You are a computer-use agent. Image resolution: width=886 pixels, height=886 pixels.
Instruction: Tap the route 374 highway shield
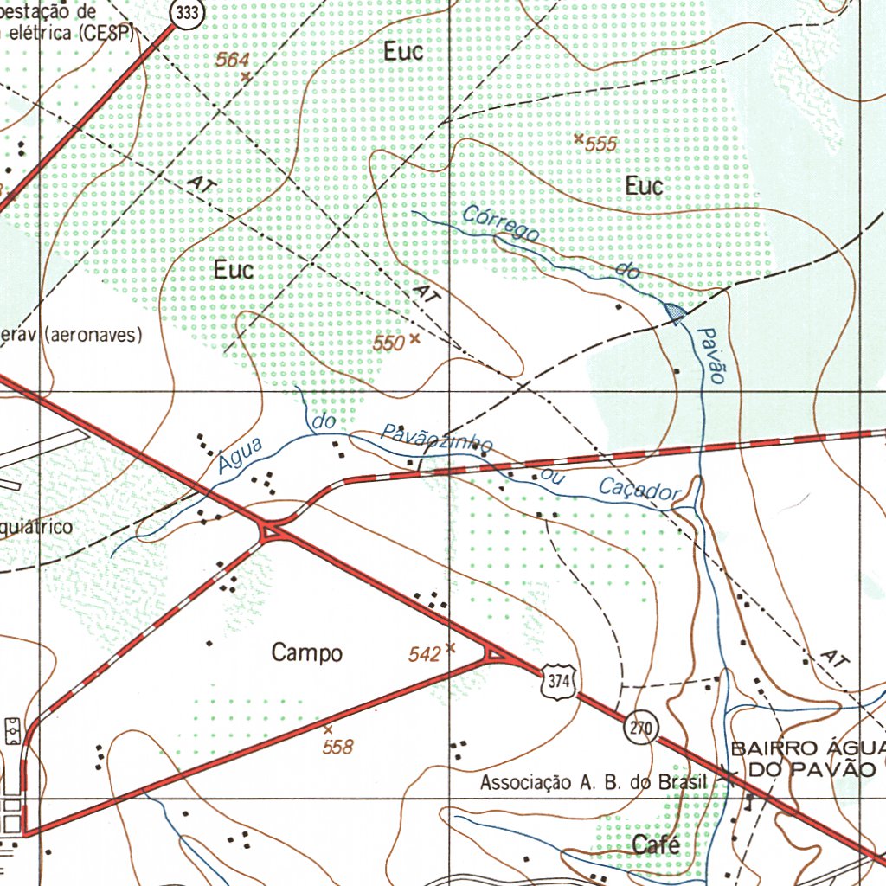coord(558,682)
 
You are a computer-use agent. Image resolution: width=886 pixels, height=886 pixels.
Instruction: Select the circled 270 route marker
coord(640,728)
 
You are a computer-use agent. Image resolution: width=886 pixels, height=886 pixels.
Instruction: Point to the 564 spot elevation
coord(233,60)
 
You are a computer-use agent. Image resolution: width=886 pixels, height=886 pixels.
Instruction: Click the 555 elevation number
coord(600,144)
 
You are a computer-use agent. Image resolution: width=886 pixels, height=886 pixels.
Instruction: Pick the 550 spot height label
coord(389,343)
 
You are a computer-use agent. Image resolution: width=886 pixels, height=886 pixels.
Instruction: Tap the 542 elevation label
coord(425,655)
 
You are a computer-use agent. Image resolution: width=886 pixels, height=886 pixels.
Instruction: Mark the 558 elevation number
coord(337,747)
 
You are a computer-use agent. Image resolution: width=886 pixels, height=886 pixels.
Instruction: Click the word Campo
coord(306,653)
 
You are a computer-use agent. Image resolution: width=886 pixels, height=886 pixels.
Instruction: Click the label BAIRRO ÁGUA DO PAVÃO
coord(810,758)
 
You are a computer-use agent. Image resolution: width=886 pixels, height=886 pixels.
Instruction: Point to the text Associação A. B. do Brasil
coord(594,783)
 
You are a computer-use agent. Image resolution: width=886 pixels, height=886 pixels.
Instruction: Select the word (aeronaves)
coord(93,335)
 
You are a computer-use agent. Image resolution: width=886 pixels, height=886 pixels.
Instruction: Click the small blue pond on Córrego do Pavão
coord(675,311)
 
